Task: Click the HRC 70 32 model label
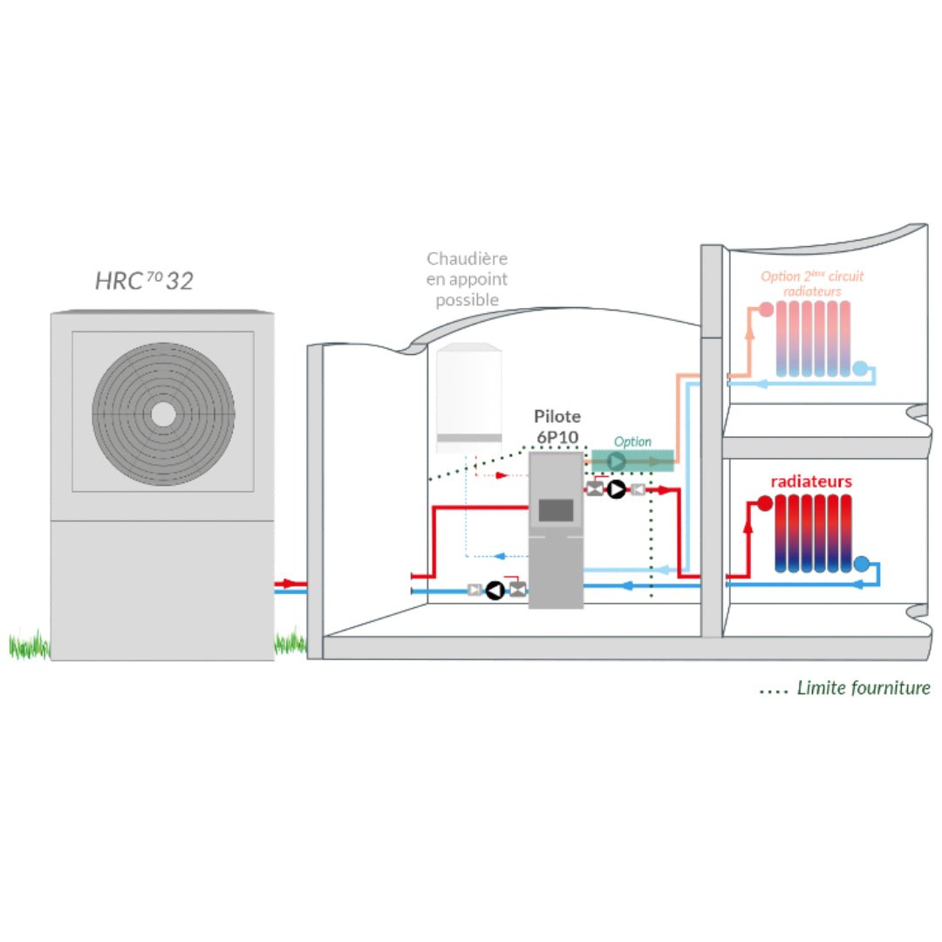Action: (x=145, y=280)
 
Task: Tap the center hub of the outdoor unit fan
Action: (x=163, y=413)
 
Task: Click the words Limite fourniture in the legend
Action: (x=863, y=688)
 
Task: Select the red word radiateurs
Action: (x=810, y=481)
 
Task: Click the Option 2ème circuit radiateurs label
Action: (x=812, y=283)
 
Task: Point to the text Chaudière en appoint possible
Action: (x=468, y=279)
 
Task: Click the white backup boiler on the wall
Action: (x=469, y=397)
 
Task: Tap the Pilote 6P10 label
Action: (x=557, y=425)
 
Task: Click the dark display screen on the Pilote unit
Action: (x=556, y=510)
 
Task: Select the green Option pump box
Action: (x=632, y=460)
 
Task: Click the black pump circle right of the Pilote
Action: (x=617, y=490)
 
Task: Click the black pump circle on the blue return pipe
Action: (x=495, y=590)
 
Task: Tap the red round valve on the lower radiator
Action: (x=765, y=503)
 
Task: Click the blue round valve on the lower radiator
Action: (x=862, y=564)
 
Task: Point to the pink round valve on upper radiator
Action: (x=766, y=309)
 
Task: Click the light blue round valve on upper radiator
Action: (x=861, y=369)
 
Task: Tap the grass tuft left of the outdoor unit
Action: (x=29, y=646)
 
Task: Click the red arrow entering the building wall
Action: (x=288, y=583)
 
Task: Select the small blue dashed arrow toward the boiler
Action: (x=500, y=556)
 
